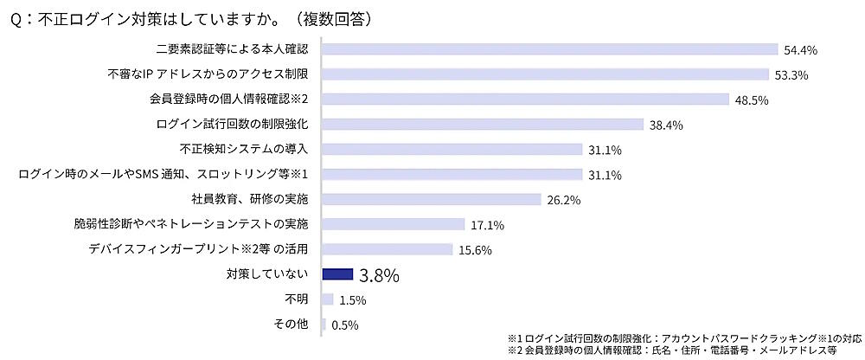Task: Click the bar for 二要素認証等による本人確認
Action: click(x=549, y=49)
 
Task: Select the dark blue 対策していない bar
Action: click(x=337, y=274)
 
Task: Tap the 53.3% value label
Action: click(x=791, y=74)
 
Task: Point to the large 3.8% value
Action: click(x=379, y=276)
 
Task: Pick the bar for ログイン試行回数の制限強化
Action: click(x=483, y=125)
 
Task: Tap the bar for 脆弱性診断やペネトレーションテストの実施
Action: click(x=394, y=224)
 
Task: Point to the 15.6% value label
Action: click(x=475, y=250)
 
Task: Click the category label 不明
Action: click(x=297, y=299)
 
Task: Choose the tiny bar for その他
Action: click(x=324, y=325)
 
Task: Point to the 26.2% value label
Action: click(x=563, y=200)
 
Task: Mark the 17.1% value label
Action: click(x=487, y=225)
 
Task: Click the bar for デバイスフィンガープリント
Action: click(x=387, y=249)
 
